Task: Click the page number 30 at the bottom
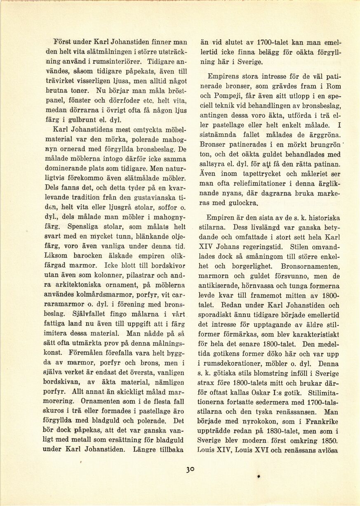point(190,469)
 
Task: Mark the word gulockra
point(241,203)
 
